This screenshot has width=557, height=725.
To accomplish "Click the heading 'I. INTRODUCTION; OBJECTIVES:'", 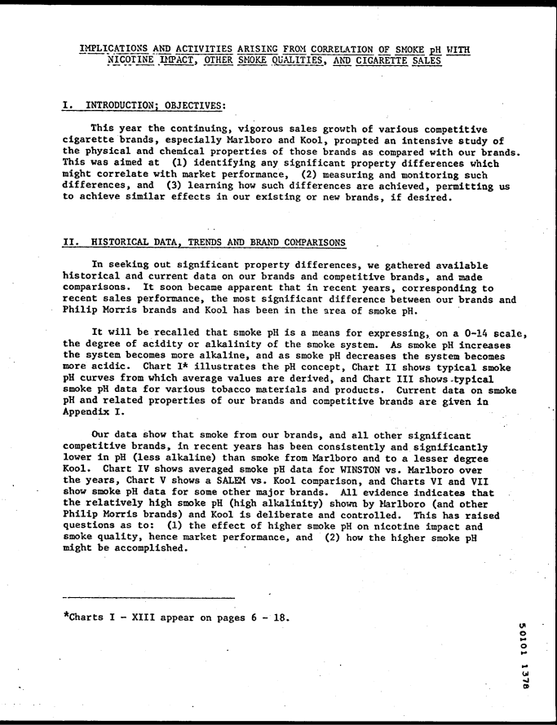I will [x=144, y=105].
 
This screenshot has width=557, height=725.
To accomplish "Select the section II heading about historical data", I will [x=204, y=242].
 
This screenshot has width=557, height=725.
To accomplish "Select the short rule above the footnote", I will [x=148, y=598].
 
